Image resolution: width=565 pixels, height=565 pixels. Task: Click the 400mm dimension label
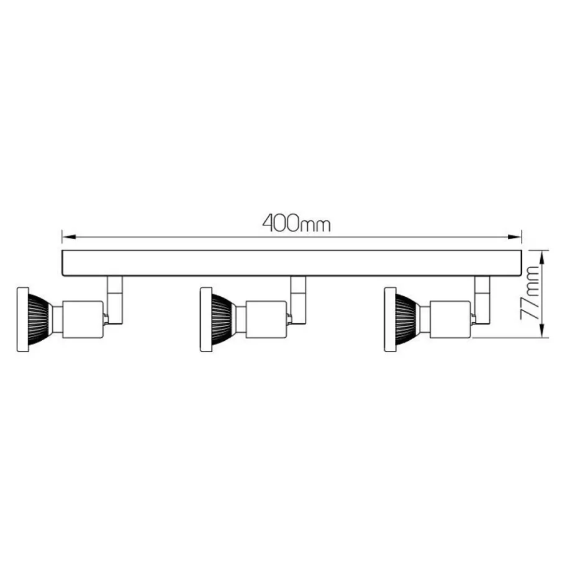pos(296,224)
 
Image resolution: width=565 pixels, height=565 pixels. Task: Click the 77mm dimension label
pos(530,293)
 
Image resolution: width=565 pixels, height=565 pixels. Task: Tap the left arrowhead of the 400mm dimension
pos(68,237)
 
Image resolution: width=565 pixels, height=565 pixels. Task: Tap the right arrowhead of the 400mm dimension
pos(515,237)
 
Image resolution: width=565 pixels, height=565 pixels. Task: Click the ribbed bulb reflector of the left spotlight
pos(38,319)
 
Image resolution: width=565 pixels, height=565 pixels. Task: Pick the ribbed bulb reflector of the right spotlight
pos(406,319)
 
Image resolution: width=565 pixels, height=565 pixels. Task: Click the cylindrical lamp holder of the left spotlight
pos(83,319)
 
